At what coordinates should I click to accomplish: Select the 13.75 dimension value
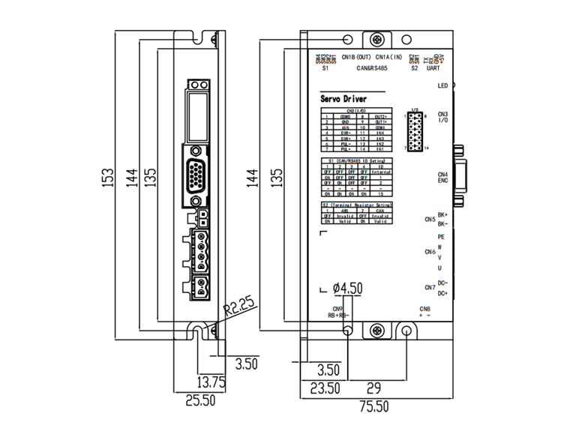tap(211, 382)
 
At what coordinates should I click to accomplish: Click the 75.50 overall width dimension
tap(371, 407)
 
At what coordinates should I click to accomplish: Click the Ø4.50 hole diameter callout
tap(347, 288)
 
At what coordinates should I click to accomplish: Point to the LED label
tap(442, 86)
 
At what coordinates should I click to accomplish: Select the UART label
tap(433, 68)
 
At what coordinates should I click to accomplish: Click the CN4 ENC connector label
tap(442, 178)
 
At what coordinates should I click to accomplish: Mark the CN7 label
tap(430, 288)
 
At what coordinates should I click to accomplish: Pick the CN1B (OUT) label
tap(356, 57)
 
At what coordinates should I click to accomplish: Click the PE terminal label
tap(441, 236)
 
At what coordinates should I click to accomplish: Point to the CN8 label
tap(424, 310)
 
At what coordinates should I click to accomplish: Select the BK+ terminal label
tap(442, 214)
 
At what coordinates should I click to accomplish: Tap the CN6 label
tap(430, 252)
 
